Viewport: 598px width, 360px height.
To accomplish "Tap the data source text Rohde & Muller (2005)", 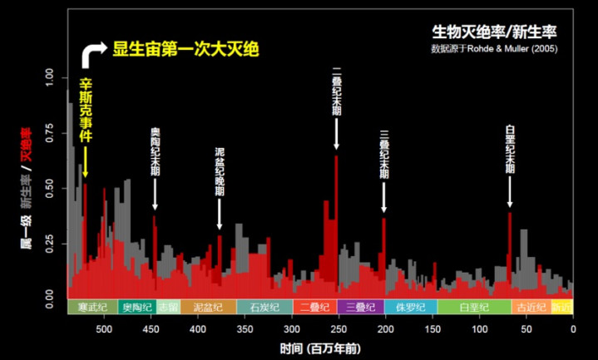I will (x=494, y=49).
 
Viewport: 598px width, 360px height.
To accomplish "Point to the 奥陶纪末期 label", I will (x=156, y=151).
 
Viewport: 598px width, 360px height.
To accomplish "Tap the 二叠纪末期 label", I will (x=336, y=91).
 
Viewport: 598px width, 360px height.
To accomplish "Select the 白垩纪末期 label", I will (x=510, y=149).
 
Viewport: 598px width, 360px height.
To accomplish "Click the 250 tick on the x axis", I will (x=339, y=328).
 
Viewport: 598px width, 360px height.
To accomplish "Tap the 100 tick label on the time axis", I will (x=479, y=328).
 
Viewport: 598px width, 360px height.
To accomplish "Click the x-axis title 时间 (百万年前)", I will (x=320, y=348).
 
